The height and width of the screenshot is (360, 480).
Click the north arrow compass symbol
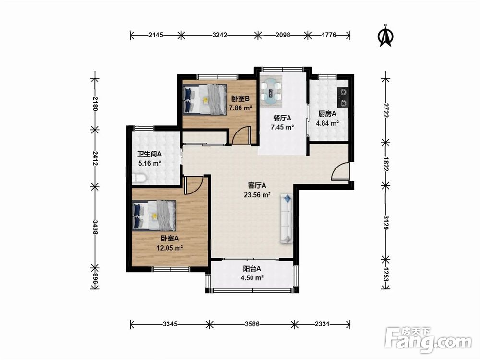tap(386, 36)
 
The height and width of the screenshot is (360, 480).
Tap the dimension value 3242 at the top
tap(220, 35)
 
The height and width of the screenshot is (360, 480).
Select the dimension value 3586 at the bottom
tap(252, 324)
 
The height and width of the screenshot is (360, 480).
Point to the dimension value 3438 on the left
tap(96, 227)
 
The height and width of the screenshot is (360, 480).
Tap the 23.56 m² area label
tap(257, 195)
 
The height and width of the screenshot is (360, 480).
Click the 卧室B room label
tap(240, 99)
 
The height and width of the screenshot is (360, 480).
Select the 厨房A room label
tap(327, 114)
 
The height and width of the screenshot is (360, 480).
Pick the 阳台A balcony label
tap(252, 269)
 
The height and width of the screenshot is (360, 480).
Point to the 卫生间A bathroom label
tap(149, 154)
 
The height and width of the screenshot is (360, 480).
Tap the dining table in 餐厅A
tap(271, 91)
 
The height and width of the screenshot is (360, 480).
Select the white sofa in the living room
tap(287, 219)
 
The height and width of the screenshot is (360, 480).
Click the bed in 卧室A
tap(154, 216)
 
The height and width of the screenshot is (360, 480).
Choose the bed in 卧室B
tap(204, 99)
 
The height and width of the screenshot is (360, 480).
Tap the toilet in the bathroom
tap(140, 178)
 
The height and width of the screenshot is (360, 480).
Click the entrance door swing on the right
tap(340, 171)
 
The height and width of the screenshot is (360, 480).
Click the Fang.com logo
tap(428, 340)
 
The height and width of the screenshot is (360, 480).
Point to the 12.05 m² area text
tap(170, 248)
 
